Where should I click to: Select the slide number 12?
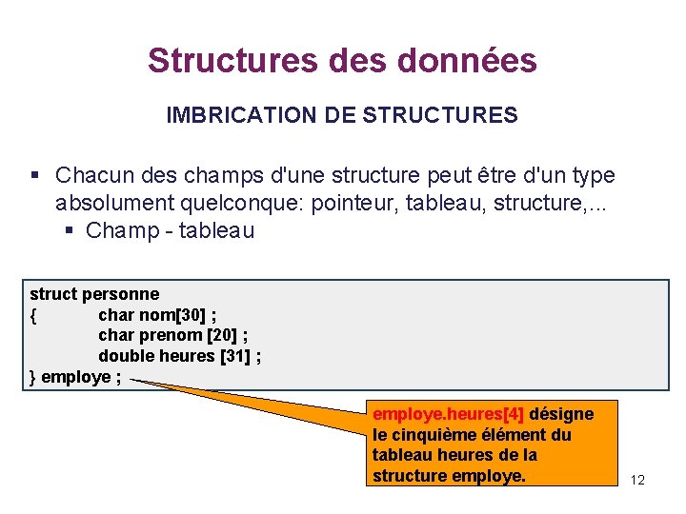point(637,480)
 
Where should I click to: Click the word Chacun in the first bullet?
point(91,176)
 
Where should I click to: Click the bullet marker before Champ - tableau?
point(71,230)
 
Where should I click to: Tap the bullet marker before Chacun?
point(34,176)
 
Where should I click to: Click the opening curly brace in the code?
point(34,314)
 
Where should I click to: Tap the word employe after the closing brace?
point(75,377)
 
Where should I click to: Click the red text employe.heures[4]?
point(448,414)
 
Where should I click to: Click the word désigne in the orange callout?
point(561,414)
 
